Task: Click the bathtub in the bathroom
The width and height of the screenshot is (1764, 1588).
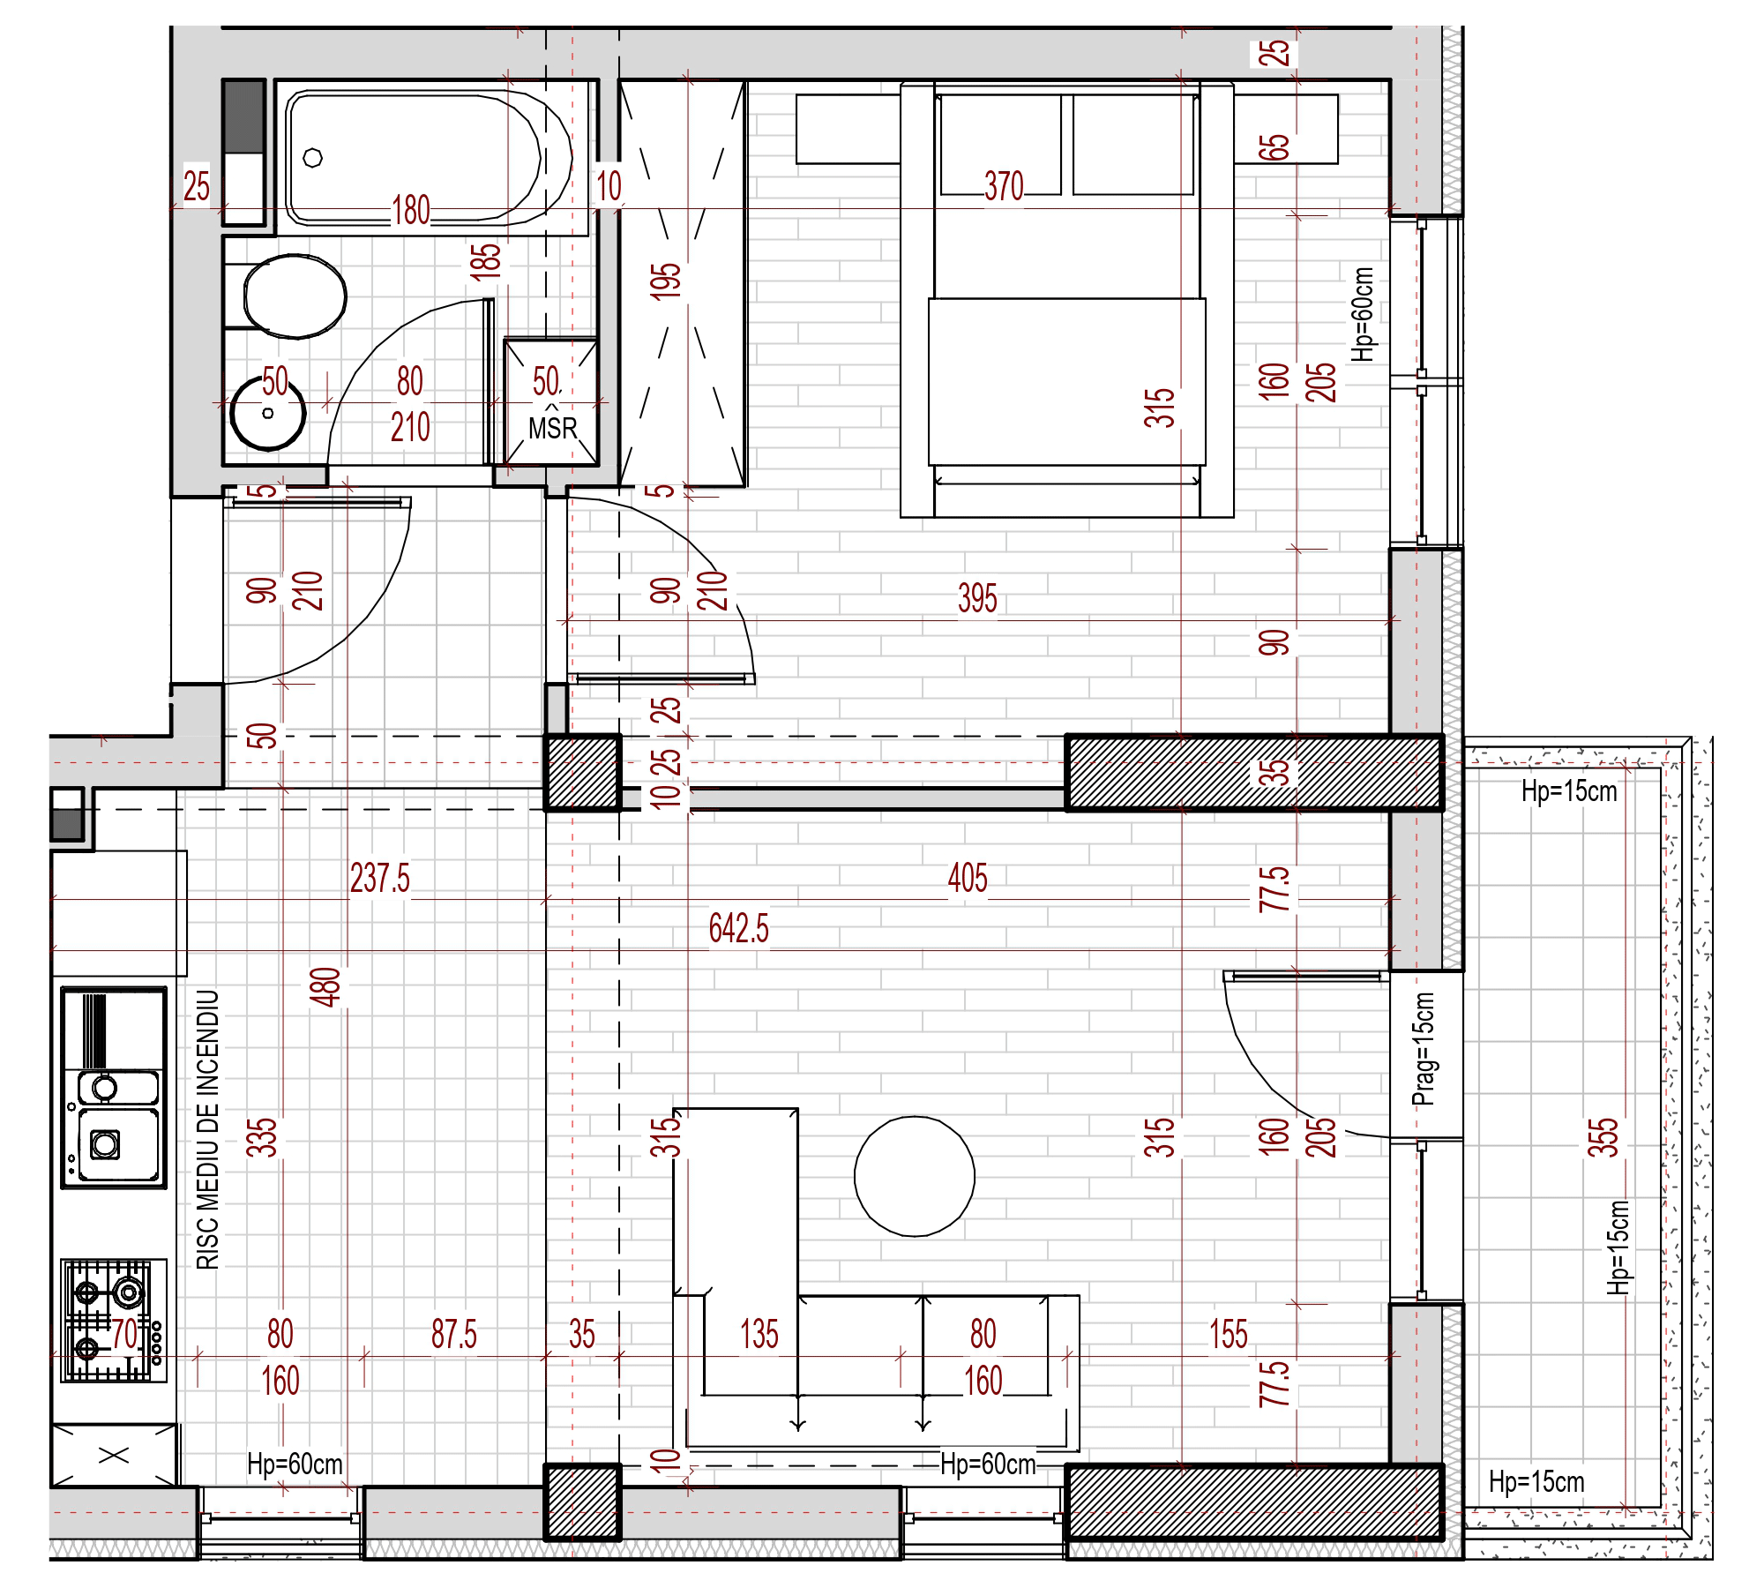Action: (x=430, y=157)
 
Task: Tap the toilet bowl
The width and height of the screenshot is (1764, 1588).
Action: (x=295, y=296)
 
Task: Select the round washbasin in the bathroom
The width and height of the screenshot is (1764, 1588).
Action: (x=268, y=412)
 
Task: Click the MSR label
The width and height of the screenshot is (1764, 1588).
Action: (x=553, y=429)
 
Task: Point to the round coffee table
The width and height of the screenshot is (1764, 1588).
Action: (x=915, y=1177)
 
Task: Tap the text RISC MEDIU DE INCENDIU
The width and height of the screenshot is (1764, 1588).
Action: (x=207, y=1130)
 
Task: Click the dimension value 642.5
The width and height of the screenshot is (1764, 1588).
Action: (x=739, y=928)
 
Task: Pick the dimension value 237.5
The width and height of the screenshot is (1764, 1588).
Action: (x=380, y=878)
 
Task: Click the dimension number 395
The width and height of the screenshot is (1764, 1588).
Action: (x=977, y=598)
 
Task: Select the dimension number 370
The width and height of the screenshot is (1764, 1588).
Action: (x=1004, y=186)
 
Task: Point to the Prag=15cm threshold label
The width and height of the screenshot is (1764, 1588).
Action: (x=1424, y=1050)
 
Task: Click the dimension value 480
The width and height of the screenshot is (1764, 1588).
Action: (x=325, y=987)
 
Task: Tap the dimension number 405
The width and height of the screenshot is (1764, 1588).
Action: (x=968, y=878)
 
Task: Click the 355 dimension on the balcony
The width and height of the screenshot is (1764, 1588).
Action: (x=1603, y=1138)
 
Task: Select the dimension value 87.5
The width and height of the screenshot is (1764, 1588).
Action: (x=454, y=1334)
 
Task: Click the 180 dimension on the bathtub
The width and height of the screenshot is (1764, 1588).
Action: (x=411, y=210)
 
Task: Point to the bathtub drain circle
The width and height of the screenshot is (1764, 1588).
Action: (x=312, y=158)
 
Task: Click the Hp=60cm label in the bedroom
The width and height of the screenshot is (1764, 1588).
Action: (x=1363, y=314)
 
